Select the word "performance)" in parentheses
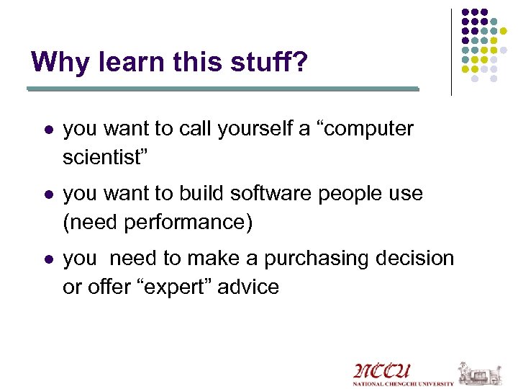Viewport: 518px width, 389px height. point(188,223)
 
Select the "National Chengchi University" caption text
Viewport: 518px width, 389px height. point(403,384)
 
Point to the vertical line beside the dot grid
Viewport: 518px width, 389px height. point(451,52)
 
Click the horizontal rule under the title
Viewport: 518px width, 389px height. point(222,89)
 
